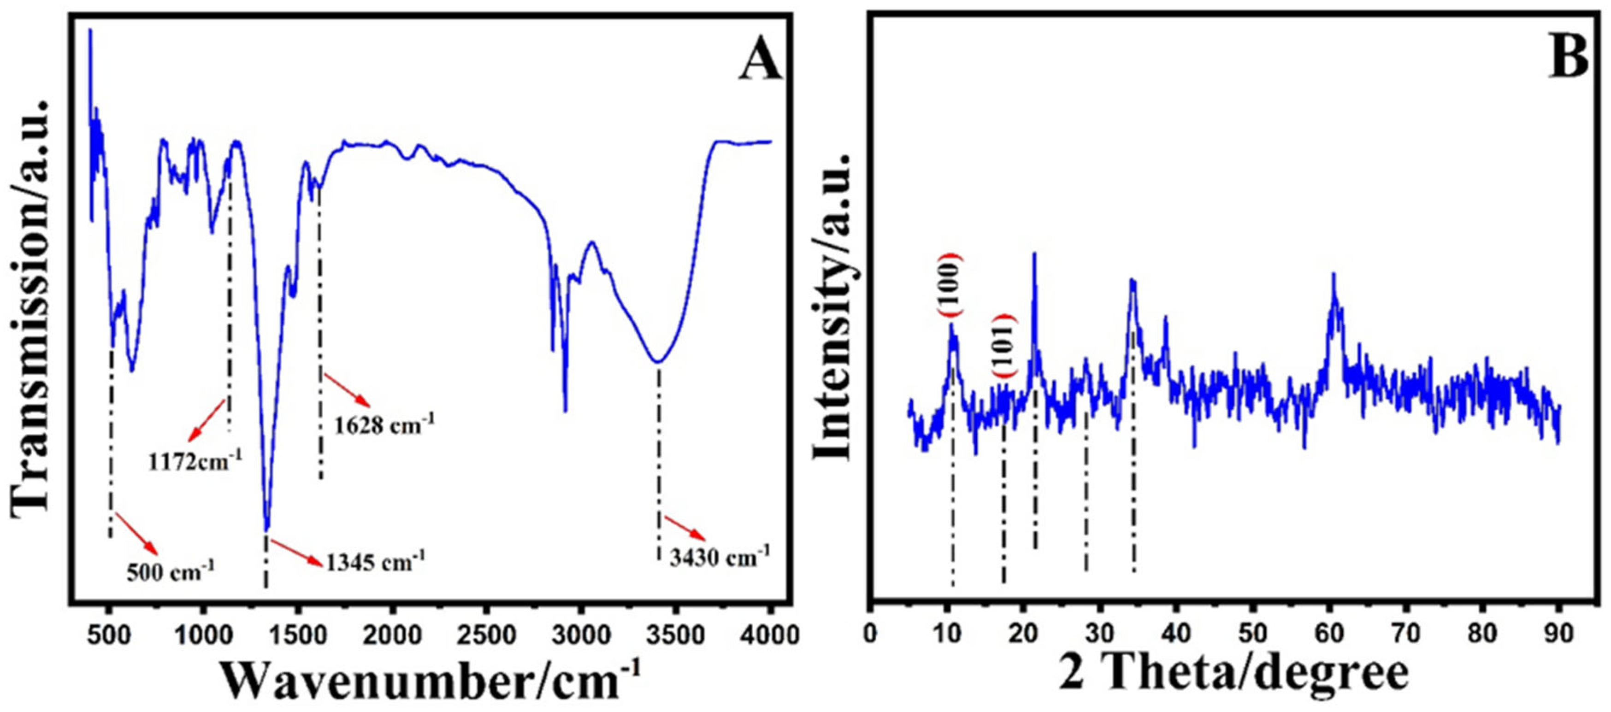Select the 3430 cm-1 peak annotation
pyautogui.click(x=719, y=556)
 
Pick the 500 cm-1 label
pyautogui.click(x=170, y=571)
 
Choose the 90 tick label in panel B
pyautogui.click(x=1558, y=634)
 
